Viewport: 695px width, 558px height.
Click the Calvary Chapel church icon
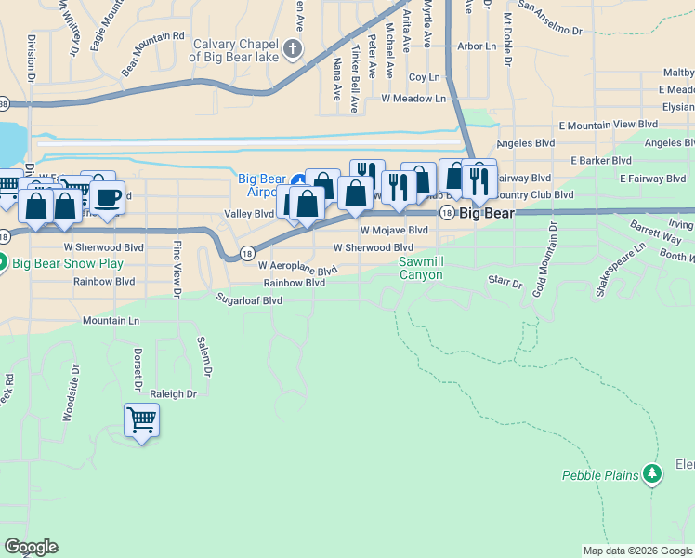(x=293, y=48)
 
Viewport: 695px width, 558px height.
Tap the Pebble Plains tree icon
(x=653, y=474)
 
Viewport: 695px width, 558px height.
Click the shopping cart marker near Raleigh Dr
(x=142, y=420)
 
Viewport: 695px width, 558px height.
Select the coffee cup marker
(x=107, y=197)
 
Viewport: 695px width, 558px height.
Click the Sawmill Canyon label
(x=421, y=269)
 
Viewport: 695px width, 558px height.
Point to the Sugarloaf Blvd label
(x=249, y=300)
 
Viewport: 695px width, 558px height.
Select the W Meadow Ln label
(x=413, y=98)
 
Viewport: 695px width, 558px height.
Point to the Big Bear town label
(x=487, y=213)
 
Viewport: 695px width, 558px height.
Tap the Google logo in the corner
(x=30, y=547)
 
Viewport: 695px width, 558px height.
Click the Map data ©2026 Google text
(x=637, y=551)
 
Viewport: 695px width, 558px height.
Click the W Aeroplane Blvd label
(x=297, y=267)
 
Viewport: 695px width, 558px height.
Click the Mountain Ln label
(x=111, y=320)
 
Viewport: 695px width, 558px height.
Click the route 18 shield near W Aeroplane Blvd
(x=247, y=252)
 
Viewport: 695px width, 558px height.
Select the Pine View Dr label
(x=176, y=270)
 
